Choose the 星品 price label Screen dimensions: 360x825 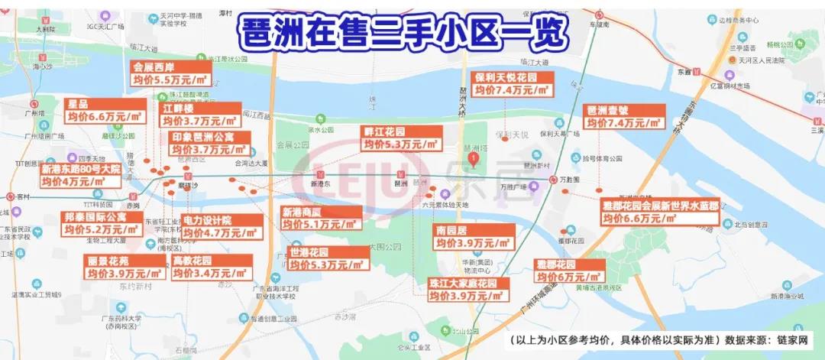pyautogui.click(x=105, y=110)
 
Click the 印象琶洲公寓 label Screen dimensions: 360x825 pyautogui.click(x=212, y=143)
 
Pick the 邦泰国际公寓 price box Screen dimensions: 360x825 pyautogui.click(x=103, y=222)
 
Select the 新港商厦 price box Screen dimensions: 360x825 pyautogui.click(x=320, y=218)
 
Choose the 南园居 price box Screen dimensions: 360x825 pyautogui.click(x=472, y=237)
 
